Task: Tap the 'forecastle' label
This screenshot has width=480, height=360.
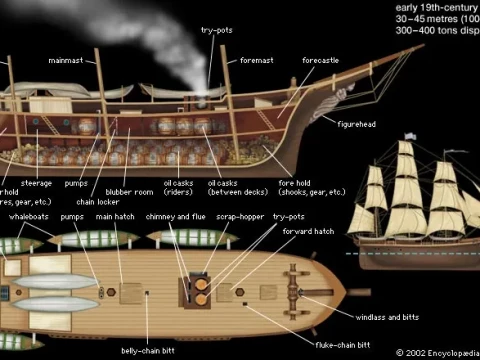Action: coord(320,60)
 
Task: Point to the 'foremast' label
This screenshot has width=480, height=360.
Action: coord(253,60)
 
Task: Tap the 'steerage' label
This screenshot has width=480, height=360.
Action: coord(36,183)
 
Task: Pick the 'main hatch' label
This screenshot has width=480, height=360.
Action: coord(117,216)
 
